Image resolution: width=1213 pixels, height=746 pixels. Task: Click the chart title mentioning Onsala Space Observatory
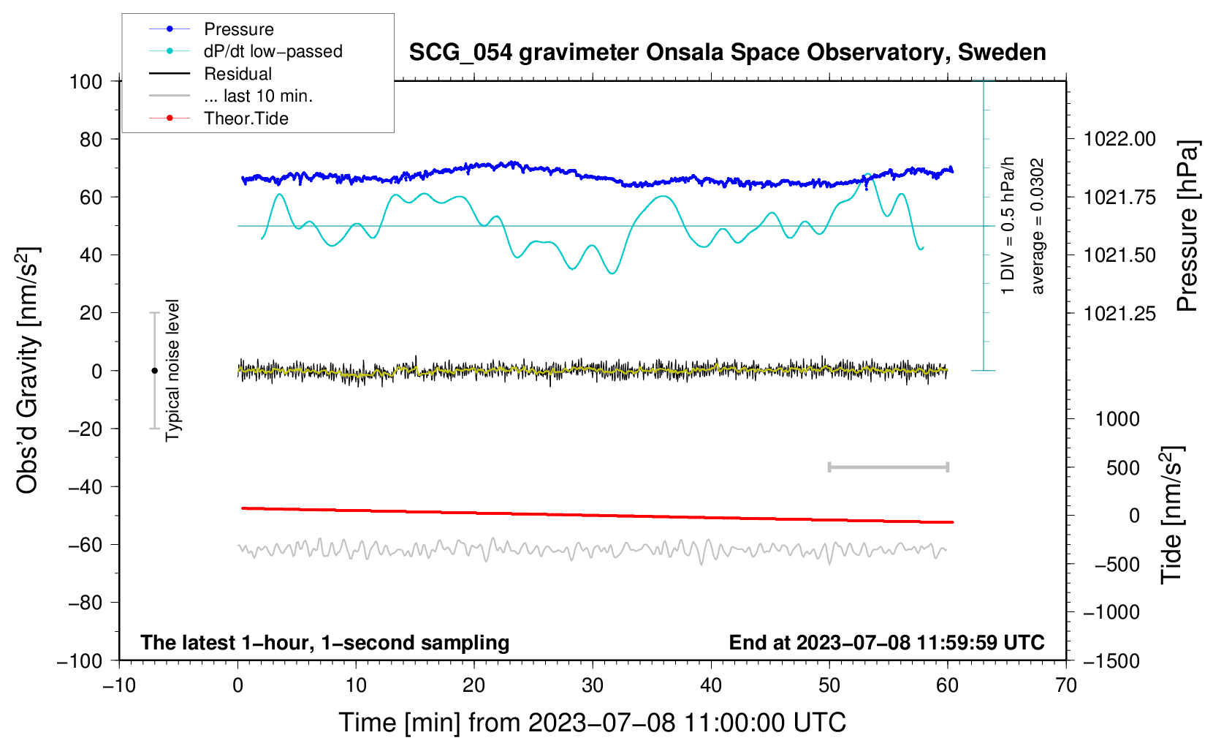click(727, 53)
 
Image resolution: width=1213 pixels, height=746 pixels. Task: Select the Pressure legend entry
click(239, 29)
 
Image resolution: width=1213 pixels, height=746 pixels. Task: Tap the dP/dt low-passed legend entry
click(273, 51)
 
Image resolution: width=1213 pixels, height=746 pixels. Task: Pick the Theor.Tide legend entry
click(246, 118)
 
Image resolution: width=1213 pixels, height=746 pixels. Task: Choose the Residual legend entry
click(237, 74)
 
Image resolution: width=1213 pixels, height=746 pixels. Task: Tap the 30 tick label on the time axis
click(593, 685)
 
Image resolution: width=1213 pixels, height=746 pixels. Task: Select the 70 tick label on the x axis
click(1066, 685)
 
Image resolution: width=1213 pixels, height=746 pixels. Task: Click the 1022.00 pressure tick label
click(1119, 139)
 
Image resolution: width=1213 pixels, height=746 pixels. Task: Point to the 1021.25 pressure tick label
click(1119, 313)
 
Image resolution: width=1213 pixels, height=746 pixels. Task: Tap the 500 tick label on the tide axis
click(1123, 467)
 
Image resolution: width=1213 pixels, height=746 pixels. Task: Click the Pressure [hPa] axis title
click(1187, 226)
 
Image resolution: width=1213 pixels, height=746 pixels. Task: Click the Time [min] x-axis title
click(593, 723)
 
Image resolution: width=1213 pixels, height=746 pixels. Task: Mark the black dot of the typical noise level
click(154, 371)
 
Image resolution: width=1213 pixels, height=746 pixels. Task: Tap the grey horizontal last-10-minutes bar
click(888, 467)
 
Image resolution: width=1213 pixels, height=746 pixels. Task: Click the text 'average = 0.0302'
click(1038, 226)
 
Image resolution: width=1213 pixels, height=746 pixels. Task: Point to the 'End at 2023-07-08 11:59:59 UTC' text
click(886, 642)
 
